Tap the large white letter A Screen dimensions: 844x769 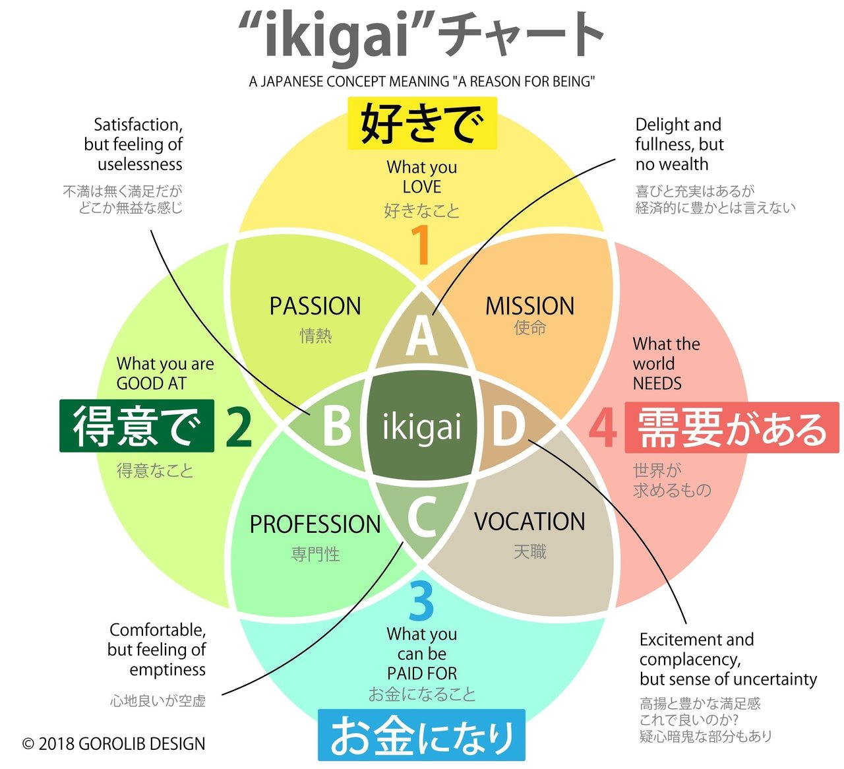[421, 336]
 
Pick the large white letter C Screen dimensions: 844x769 [422, 516]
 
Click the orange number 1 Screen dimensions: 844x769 [420, 245]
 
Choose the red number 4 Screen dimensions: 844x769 [603, 427]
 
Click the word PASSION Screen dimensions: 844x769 [315, 306]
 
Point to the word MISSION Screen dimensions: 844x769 [529, 306]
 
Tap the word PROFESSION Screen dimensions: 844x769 [315, 524]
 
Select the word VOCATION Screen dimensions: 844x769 [529, 522]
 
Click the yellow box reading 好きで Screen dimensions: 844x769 [422, 123]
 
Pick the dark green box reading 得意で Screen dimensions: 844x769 [136, 425]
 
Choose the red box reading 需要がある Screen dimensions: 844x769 [732, 427]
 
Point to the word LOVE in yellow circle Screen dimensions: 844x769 [421, 187]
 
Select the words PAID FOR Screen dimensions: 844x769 [421, 673]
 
